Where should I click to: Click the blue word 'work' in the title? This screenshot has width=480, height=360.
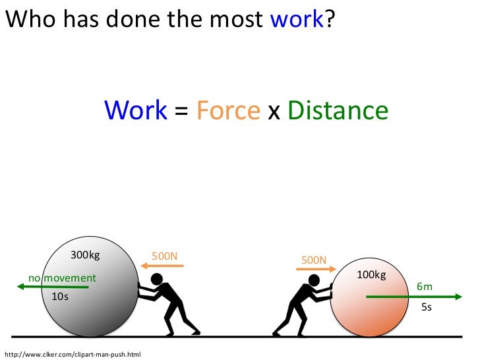(297, 20)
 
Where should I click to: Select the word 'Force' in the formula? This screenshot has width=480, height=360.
(227, 110)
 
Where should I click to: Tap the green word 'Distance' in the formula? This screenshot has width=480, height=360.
(338, 110)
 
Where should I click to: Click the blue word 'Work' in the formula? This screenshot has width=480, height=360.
(136, 110)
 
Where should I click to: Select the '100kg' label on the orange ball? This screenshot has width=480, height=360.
(371, 274)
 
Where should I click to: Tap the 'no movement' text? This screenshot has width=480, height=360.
(61, 278)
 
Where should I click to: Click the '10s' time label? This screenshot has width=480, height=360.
(60, 297)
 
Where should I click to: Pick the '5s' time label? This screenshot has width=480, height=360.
(426, 307)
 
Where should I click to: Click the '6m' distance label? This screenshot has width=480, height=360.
(424, 287)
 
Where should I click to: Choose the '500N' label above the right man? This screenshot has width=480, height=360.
(314, 260)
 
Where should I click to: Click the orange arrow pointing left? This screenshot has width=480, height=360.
(162, 266)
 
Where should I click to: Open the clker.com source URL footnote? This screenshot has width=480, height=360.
(73, 355)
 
